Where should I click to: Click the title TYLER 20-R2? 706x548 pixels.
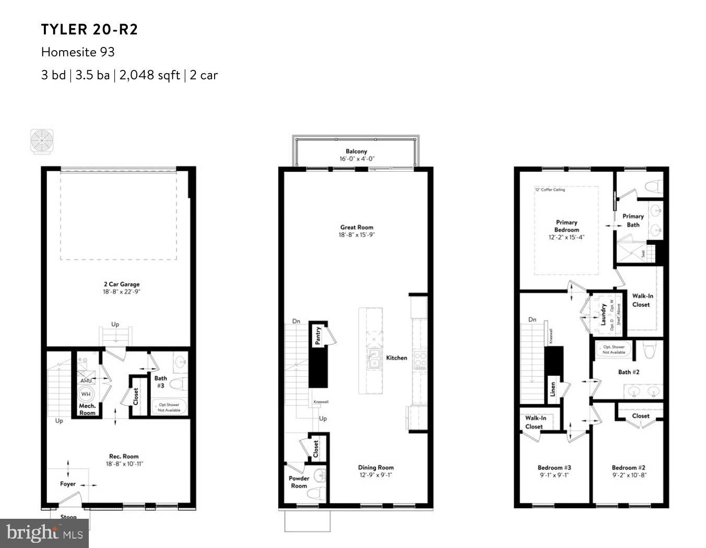pos(90,30)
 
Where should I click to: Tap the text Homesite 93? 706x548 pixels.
pos(78,52)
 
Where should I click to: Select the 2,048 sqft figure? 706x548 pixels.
pos(149,75)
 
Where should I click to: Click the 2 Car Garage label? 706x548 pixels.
pos(121,284)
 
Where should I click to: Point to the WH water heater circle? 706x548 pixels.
pos(86,394)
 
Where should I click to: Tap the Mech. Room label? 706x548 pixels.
pos(87,409)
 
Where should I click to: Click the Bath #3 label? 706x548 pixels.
pos(161,382)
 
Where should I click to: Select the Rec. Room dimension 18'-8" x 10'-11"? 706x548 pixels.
pos(124,463)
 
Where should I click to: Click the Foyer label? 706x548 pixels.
pos(68,484)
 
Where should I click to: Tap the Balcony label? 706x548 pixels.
pos(356,151)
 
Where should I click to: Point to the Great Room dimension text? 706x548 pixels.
pos(357,235)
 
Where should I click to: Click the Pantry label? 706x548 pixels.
pos(317,335)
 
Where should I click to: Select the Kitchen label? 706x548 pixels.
pos(396,358)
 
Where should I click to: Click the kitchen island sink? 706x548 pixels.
pos(374,360)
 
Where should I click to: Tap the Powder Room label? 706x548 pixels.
pos(299,482)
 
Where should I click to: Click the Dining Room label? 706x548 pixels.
pos(375,468)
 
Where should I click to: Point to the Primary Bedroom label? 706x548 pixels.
pos(567,226)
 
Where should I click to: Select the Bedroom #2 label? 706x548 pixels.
pos(629,468)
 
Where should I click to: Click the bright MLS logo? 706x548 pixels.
pos(44,533)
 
